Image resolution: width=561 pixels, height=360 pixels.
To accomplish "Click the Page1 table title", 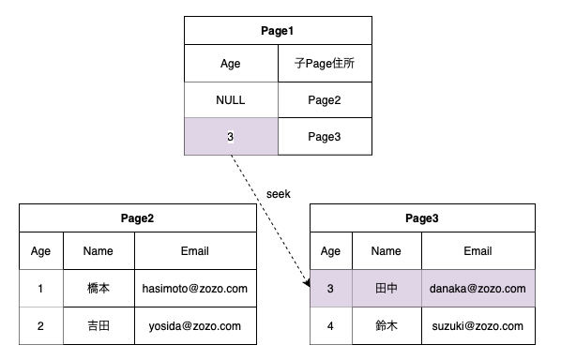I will pyautogui.click(x=278, y=31).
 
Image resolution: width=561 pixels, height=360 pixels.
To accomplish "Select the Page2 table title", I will pyautogui.click(x=137, y=218).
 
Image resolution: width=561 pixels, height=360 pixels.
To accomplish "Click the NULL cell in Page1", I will pyautogui.click(x=230, y=99).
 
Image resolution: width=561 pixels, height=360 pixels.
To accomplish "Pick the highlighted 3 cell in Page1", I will pyautogui.click(x=230, y=137).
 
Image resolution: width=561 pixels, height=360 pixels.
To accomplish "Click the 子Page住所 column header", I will pyautogui.click(x=325, y=65).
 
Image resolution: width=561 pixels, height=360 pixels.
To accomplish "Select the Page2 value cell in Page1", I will pyautogui.click(x=325, y=99).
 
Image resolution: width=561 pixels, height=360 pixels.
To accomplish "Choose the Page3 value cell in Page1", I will pyautogui.click(x=325, y=137).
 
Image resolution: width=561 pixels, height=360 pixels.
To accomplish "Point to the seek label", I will pyautogui.click(x=279, y=193).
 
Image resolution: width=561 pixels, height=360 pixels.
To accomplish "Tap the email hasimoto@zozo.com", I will pyautogui.click(x=195, y=289).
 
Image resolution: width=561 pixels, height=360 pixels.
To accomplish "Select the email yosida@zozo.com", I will pyautogui.click(x=195, y=325).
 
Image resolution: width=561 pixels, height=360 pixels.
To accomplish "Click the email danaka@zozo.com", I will pyautogui.click(x=478, y=289).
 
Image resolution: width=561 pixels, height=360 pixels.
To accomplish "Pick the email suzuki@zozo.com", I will pyautogui.click(x=478, y=325).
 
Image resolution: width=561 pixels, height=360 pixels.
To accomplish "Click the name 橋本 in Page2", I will pyautogui.click(x=98, y=289).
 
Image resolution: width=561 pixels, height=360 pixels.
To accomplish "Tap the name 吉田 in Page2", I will pyautogui.click(x=98, y=325).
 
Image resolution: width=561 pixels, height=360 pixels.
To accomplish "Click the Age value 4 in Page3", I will pyautogui.click(x=330, y=325).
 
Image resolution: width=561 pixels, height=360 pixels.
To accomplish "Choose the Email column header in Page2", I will pyautogui.click(x=195, y=251).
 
